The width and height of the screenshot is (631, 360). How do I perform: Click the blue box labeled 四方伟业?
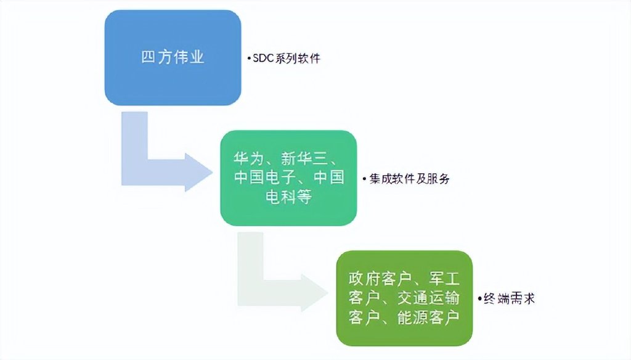point(172,57)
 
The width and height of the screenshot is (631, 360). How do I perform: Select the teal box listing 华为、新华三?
point(288,178)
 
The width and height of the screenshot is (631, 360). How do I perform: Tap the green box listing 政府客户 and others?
point(404,298)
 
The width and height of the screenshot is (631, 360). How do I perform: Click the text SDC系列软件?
point(287,60)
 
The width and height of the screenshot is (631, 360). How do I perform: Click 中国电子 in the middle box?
point(265,178)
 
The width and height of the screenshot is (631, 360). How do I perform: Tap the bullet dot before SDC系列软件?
point(248,60)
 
